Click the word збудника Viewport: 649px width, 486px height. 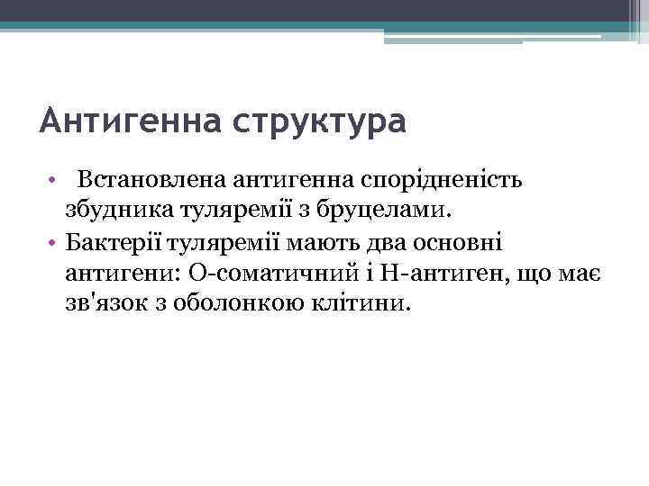point(107,211)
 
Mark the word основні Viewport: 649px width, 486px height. point(461,242)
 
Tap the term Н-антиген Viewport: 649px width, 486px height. point(423,273)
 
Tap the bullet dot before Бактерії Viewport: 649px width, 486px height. point(53,243)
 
